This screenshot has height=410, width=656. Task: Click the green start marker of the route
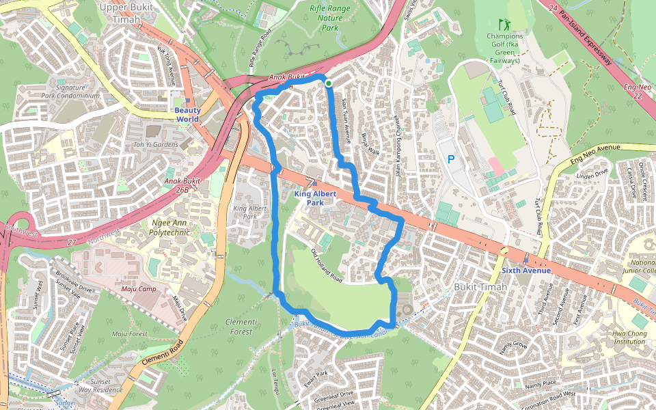pyautogui.click(x=329, y=83)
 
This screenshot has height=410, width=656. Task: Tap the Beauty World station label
pyautogui.click(x=187, y=114)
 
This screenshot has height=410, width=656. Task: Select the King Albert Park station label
pyautogui.click(x=309, y=198)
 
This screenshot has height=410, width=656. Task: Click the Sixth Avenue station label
pyautogui.click(x=525, y=271)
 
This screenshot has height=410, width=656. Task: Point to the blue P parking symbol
pyautogui.click(x=450, y=159)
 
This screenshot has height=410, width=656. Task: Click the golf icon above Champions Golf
pyautogui.click(x=504, y=24)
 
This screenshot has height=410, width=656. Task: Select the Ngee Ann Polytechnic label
pyautogui.click(x=169, y=228)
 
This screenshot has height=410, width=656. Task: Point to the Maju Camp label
pyautogui.click(x=139, y=288)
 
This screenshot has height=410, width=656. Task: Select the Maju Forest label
pyautogui.click(x=130, y=333)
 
